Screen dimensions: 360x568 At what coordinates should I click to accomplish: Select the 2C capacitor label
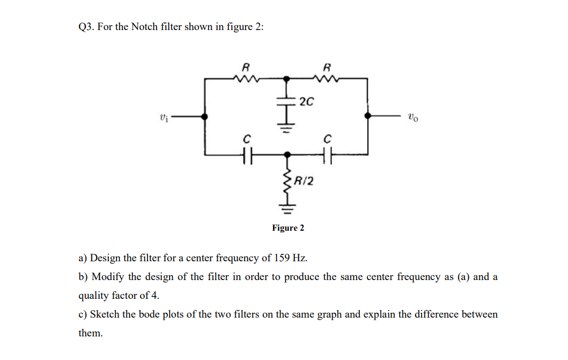point(307,101)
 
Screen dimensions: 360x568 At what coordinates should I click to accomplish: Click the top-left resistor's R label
point(246,68)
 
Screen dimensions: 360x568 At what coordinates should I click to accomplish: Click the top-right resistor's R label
point(327,68)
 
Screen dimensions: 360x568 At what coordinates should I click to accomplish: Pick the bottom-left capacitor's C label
point(246,139)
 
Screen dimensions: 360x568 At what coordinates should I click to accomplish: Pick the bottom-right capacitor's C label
point(327,139)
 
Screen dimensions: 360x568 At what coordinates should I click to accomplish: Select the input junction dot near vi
point(204,116)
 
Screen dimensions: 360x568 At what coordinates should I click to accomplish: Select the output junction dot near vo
point(367,115)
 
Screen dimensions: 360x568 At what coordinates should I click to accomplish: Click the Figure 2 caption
point(288,228)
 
